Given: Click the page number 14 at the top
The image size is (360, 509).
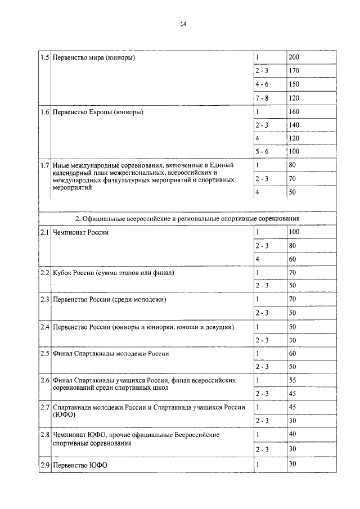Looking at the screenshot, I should pyautogui.click(x=183, y=24).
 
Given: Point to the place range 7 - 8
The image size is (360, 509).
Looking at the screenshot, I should pyautogui.click(x=262, y=98).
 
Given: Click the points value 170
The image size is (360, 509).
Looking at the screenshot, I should pyautogui.click(x=294, y=71).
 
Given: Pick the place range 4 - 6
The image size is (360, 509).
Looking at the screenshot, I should pyautogui.click(x=262, y=84).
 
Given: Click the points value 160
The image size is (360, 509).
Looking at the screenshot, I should pyautogui.click(x=294, y=111).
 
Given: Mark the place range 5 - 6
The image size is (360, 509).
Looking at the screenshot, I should pyautogui.click(x=262, y=152).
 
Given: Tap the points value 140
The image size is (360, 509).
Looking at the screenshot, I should pyautogui.click(x=294, y=125).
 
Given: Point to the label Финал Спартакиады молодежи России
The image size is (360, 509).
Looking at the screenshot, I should pyautogui.click(x=111, y=354).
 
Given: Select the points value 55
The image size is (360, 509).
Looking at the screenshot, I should pyautogui.click(x=292, y=381).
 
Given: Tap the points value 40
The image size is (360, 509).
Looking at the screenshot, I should pyautogui.click(x=292, y=434).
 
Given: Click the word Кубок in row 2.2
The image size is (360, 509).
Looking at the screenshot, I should pyautogui.click(x=63, y=273).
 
